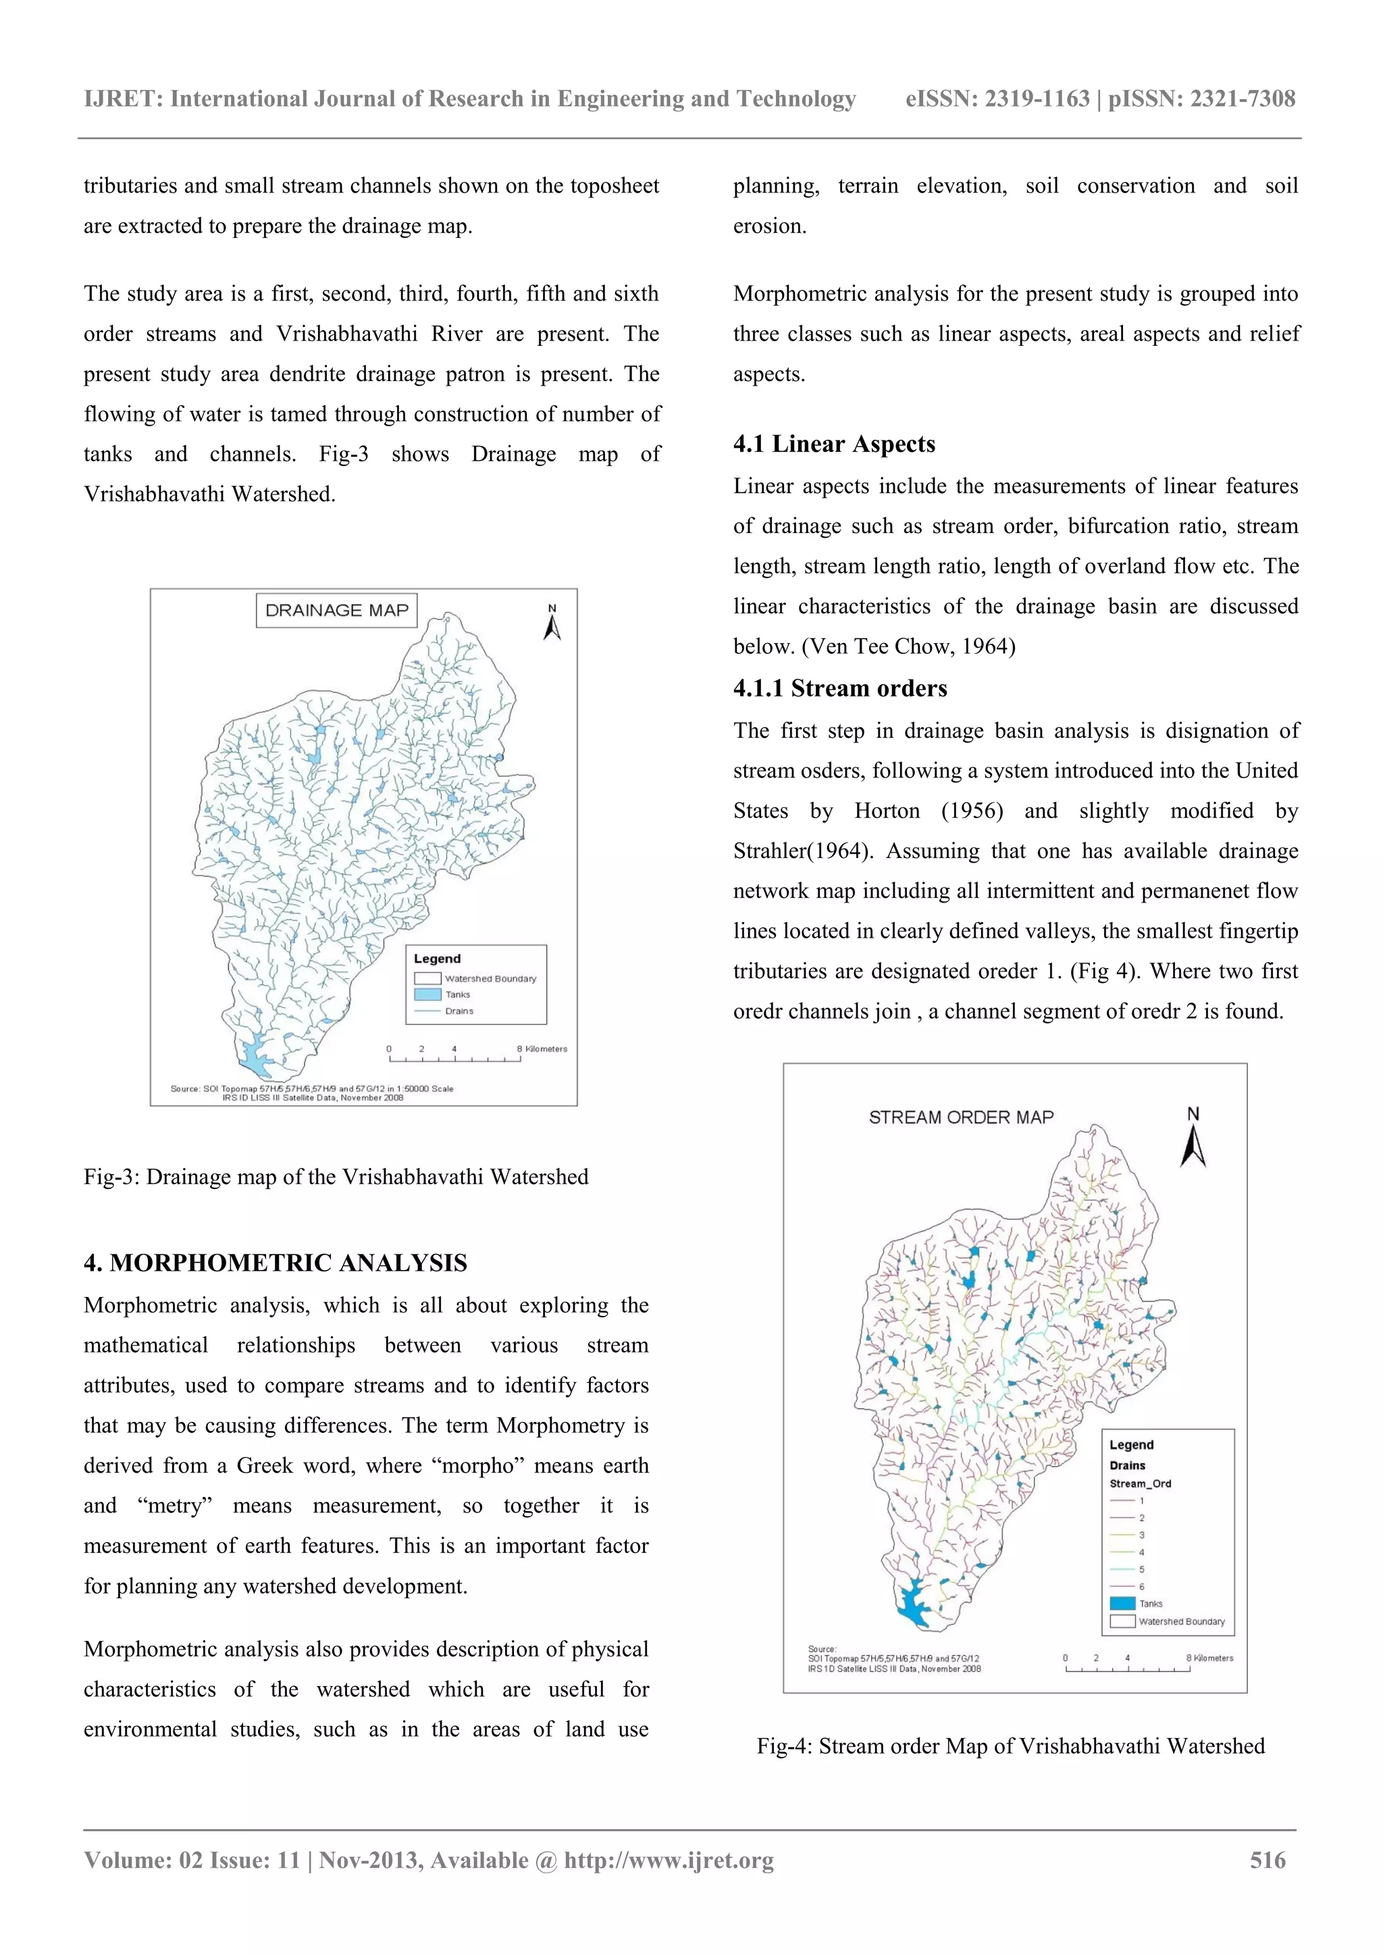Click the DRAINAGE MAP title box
click(336, 610)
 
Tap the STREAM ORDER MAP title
click(960, 1117)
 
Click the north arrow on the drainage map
click(552, 624)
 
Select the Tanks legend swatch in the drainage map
click(427, 994)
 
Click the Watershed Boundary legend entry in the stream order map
click(1180, 1621)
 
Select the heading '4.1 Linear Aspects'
click(833, 444)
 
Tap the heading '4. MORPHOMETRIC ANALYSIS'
click(276, 1263)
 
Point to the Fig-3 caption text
click(336, 1177)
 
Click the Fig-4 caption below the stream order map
click(1010, 1746)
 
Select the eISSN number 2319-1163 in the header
click(1037, 99)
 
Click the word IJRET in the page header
click(123, 99)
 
